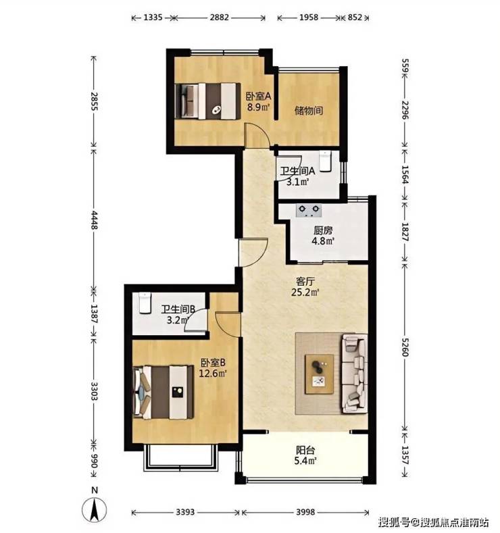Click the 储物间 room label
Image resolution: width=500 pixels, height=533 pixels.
(309, 111)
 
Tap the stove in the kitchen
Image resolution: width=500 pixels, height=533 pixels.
(309, 211)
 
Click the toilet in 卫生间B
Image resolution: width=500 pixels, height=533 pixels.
(145, 303)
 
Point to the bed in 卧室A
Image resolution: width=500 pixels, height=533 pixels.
(207, 101)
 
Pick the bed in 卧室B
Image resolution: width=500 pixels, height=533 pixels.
(164, 392)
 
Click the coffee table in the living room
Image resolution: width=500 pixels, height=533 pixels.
(319, 374)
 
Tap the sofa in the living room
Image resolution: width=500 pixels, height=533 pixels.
(355, 374)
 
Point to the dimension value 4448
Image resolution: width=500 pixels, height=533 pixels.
(94, 220)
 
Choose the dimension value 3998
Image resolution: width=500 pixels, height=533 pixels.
(305, 512)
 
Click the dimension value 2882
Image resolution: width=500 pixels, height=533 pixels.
(219, 18)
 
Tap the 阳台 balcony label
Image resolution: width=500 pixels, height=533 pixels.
(305, 451)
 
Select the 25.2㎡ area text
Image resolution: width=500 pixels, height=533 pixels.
(305, 292)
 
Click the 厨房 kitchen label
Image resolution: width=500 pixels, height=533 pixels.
(323, 231)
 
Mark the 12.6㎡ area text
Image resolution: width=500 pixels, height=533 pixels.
(213, 374)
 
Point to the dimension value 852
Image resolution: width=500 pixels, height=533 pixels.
(355, 18)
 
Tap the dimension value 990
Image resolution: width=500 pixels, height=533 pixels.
(94, 461)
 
